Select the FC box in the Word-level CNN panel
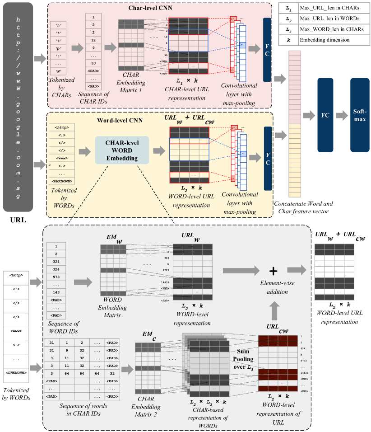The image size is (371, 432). click(x=268, y=152)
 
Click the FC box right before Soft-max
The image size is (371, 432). click(x=325, y=115)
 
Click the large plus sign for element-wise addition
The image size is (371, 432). click(x=273, y=270)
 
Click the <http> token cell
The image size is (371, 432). click(x=61, y=127)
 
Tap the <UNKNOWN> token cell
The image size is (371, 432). click(x=61, y=181)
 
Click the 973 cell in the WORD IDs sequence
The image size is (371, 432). click(x=56, y=277)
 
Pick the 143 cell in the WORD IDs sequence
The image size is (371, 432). click(x=56, y=292)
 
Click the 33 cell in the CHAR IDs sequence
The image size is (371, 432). click(x=93, y=63)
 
